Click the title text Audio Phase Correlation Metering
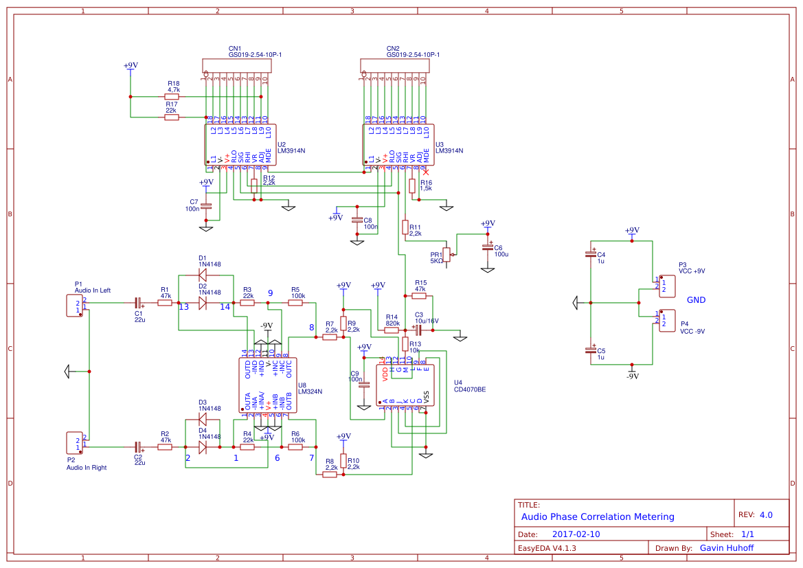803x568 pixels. pos(598,516)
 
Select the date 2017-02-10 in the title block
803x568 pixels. pos(576,534)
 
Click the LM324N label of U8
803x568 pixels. pos(310,391)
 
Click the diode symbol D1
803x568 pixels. pos(203,275)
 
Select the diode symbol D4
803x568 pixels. pos(203,447)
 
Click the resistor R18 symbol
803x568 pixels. pos(172,97)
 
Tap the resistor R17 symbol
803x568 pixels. pos(172,117)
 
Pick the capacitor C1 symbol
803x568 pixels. pos(138,302)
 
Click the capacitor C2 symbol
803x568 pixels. pos(138,447)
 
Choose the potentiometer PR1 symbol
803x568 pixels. pos(446,254)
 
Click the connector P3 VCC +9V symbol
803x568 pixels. pos(666,285)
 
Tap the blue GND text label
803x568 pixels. pos(696,300)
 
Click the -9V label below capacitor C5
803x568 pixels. pos(632,376)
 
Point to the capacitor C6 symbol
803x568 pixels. pos(488,247)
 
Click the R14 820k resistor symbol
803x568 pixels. pos(392,330)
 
